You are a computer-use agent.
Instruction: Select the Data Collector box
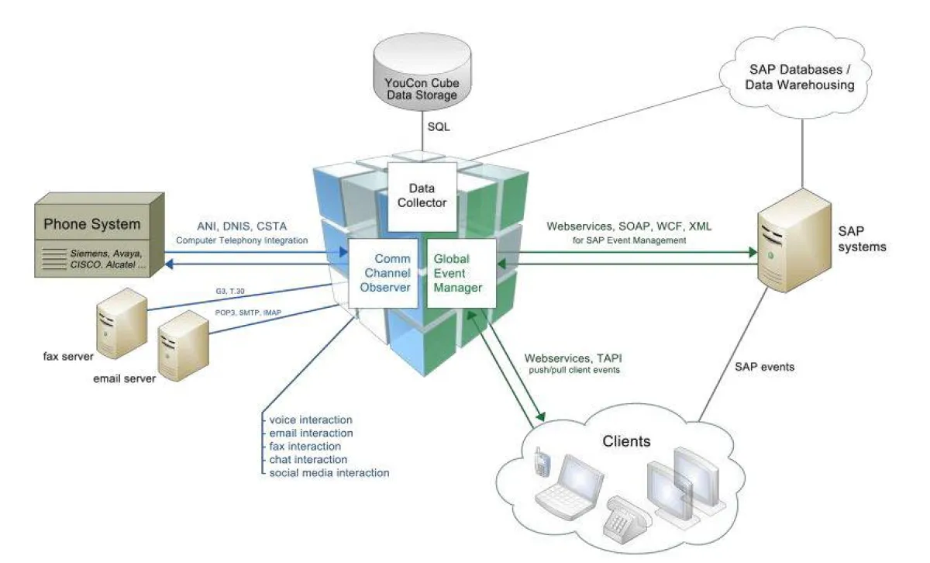(422, 195)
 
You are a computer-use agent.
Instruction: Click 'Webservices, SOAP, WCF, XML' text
(629, 226)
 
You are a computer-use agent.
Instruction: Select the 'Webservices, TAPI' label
(573, 358)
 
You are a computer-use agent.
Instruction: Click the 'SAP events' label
(763, 366)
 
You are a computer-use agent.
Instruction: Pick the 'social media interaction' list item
(329, 472)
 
